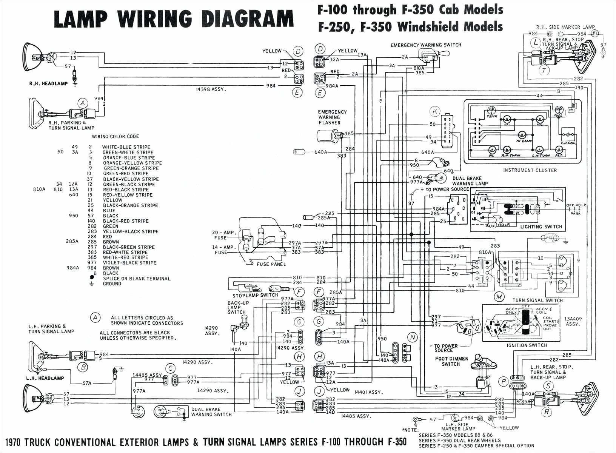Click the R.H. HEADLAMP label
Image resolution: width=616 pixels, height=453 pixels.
pos(48,83)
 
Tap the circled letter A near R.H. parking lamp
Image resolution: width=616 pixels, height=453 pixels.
pos(83,103)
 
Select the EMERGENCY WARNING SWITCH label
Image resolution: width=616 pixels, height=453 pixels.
pos(426,45)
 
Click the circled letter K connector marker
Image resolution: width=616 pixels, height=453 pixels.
pos(435,111)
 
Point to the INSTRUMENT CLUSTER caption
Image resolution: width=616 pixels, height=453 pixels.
pos(530,170)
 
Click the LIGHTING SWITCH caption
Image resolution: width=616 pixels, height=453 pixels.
pos(541,227)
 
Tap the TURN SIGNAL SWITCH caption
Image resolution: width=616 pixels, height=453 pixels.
pos(537,300)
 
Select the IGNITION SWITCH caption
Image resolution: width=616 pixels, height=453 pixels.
pos(527,345)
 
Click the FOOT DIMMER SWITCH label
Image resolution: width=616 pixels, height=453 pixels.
pos(451,361)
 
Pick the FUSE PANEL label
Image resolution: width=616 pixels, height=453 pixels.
pos(271,264)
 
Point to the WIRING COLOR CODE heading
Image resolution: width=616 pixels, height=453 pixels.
pos(115,136)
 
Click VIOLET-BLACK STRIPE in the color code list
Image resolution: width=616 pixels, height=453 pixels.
pos(129,263)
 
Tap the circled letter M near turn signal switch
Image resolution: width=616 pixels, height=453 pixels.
pos(500,297)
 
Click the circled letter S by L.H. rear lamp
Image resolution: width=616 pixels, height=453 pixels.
pos(548,386)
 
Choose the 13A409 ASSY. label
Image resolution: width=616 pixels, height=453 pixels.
pos(573,321)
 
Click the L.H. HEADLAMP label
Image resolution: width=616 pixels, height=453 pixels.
pos(45,378)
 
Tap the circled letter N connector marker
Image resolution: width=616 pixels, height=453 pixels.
pos(413,337)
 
